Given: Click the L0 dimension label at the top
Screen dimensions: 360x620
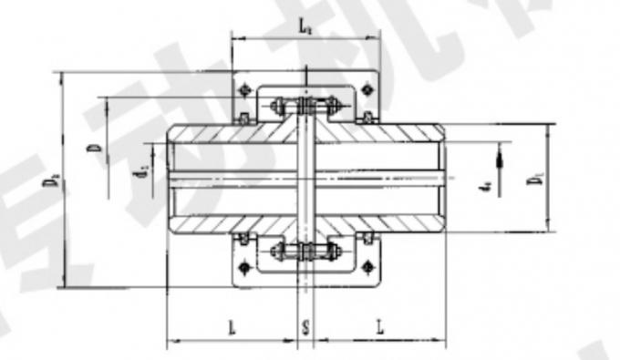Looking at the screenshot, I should point(305,27).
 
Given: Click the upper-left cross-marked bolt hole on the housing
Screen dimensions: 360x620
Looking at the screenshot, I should point(245,89).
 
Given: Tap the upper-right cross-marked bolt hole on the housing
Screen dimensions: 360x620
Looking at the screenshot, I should point(367,89).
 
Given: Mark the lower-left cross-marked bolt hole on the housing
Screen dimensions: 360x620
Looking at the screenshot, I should point(245,267).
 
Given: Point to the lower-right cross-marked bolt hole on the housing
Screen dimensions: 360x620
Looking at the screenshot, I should point(367,267).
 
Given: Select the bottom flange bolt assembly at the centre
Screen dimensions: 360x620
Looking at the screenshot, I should point(305,251).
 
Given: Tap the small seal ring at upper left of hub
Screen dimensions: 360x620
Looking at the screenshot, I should point(243,118).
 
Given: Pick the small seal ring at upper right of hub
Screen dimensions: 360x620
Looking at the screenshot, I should point(367,118).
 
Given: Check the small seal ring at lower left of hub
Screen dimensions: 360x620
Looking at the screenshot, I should point(243,239).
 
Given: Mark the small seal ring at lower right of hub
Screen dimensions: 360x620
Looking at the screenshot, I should point(367,239).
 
